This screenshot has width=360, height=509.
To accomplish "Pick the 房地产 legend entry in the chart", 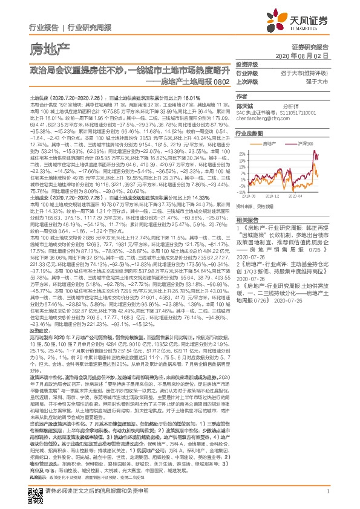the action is [269, 144].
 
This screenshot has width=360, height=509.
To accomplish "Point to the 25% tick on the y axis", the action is [241, 154].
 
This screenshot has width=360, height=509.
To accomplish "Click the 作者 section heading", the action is [242, 96].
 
